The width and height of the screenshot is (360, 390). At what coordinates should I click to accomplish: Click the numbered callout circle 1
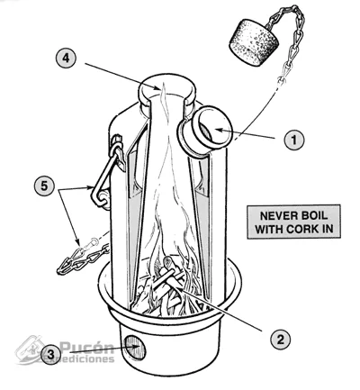pos(294,140)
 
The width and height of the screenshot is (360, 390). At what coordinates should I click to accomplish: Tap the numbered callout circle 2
pos(280,340)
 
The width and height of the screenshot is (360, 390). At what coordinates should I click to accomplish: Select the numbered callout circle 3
pos(50,354)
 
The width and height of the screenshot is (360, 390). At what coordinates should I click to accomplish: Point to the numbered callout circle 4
pos(67,58)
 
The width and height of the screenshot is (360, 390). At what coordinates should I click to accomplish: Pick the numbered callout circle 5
pos(44,186)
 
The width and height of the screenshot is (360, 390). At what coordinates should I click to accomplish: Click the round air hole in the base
pos(135,347)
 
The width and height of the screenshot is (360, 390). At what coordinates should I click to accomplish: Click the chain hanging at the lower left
pos(82,258)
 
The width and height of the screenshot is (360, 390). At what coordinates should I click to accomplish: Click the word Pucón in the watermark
pos(87,349)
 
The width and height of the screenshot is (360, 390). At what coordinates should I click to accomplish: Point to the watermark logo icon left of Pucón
pos(30,349)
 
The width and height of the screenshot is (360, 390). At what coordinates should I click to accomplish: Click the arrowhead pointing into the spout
pos(219,130)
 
